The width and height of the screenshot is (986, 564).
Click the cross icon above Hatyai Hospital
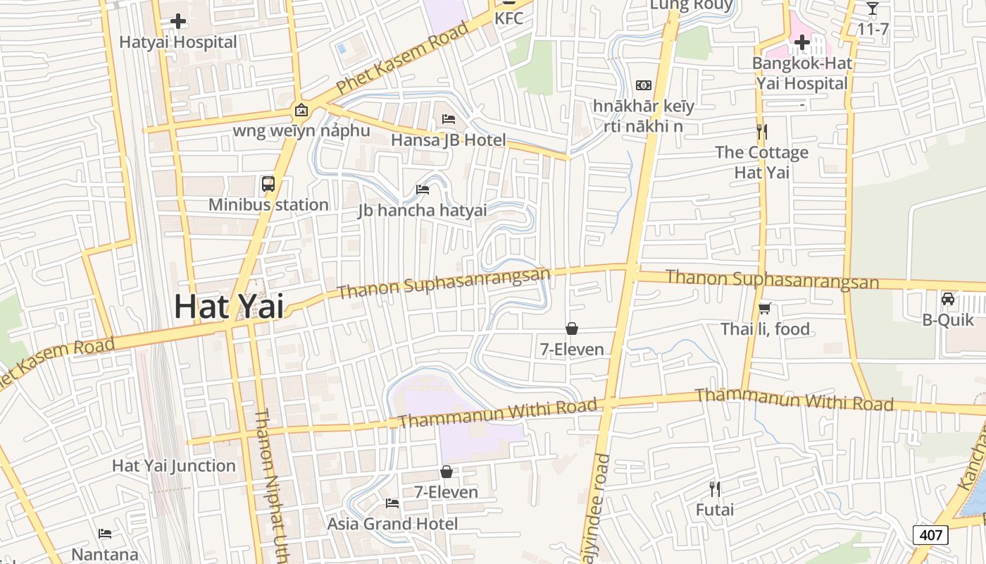click(178, 21)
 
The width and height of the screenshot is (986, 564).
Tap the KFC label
click(508, 18)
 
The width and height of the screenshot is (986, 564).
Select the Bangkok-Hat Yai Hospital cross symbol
click(801, 43)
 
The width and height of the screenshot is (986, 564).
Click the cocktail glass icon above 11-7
click(873, 8)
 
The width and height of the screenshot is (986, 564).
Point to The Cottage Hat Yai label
click(762, 162)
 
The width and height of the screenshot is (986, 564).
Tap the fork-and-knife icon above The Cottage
click(761, 132)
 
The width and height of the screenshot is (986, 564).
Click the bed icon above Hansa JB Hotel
click(449, 118)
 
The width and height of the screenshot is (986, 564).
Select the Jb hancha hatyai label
click(423, 210)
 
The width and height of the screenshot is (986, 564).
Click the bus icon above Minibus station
click(268, 184)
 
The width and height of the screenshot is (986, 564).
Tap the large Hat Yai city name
click(229, 306)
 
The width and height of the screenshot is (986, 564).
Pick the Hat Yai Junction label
click(174, 465)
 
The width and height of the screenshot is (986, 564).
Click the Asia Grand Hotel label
click(392, 524)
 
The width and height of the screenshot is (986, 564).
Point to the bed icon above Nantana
click(105, 534)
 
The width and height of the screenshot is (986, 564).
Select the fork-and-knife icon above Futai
click(715, 489)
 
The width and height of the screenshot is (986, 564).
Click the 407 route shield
click(930, 535)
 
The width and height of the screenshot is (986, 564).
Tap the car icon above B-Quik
click(948, 299)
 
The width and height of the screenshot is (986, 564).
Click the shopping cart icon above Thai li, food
click(765, 308)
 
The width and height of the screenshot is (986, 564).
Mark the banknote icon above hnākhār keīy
click(643, 85)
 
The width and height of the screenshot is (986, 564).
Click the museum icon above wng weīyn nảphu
click(301, 110)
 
